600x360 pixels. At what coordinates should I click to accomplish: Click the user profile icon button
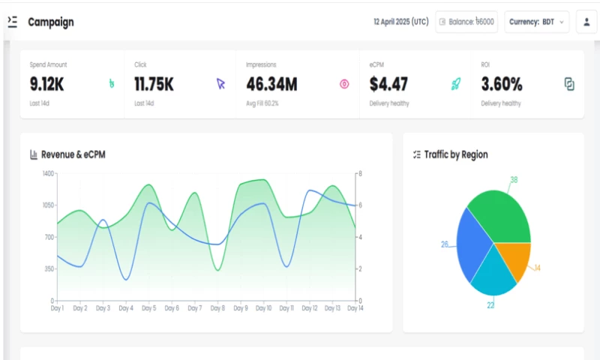coord(586,22)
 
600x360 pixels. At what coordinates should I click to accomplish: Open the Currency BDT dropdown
coord(537,22)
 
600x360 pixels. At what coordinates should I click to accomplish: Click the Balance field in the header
coord(466,22)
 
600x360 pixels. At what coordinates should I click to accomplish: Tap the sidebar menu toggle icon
coord(12,22)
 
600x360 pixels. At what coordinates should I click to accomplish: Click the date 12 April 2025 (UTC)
coord(400,22)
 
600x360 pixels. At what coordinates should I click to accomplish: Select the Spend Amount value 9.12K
coord(46,84)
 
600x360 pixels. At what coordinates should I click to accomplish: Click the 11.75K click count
coord(154,84)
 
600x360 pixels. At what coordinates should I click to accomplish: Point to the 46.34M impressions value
coord(271,84)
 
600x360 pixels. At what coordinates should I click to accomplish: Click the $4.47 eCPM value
coord(388,84)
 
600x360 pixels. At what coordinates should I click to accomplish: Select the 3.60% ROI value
coord(502,84)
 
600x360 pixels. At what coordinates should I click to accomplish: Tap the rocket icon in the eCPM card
coord(455,84)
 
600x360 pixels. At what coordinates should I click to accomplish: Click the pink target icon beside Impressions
coord(344,84)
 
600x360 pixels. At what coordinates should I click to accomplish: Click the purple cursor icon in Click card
coord(220,84)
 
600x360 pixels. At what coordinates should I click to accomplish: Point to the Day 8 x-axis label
coord(217,308)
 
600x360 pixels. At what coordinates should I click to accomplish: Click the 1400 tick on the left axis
coord(49,173)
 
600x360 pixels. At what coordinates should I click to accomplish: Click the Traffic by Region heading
coord(455,154)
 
